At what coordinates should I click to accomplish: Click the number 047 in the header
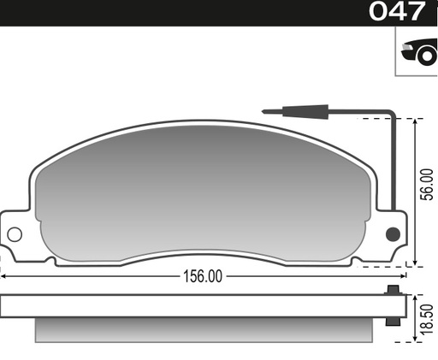tap(396, 12)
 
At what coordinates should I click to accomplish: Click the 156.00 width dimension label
tap(202, 276)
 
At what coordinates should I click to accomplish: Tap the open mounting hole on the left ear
tap(15, 233)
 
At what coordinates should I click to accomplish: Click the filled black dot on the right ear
tap(393, 233)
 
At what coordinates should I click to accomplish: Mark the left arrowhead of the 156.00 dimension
tap(3, 276)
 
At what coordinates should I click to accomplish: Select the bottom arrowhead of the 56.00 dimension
tap(417, 262)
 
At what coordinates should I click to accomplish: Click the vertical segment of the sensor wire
tap(393, 162)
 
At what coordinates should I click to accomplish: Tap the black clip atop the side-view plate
tap(393, 291)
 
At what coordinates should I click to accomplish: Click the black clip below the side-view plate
tap(393, 321)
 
